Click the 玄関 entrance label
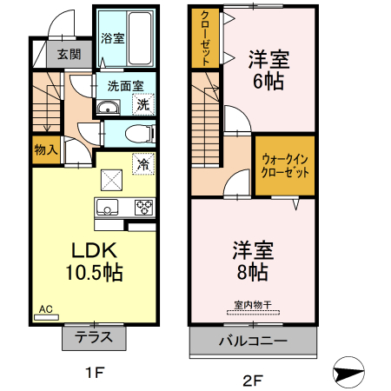pyautogui.click(x=69, y=54)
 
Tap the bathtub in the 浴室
pyautogui.click(x=138, y=38)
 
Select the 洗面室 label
pyautogui.click(x=125, y=86)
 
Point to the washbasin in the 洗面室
pyautogui.click(x=109, y=108)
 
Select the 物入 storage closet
pyautogui.click(x=46, y=149)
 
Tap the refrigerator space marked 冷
pyautogui.click(x=142, y=163)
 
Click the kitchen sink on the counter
pyautogui.click(x=108, y=207)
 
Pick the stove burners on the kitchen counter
pyautogui.click(x=143, y=207)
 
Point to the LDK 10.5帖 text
pyautogui.click(x=91, y=260)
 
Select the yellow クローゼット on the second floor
pyautogui.click(x=205, y=39)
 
